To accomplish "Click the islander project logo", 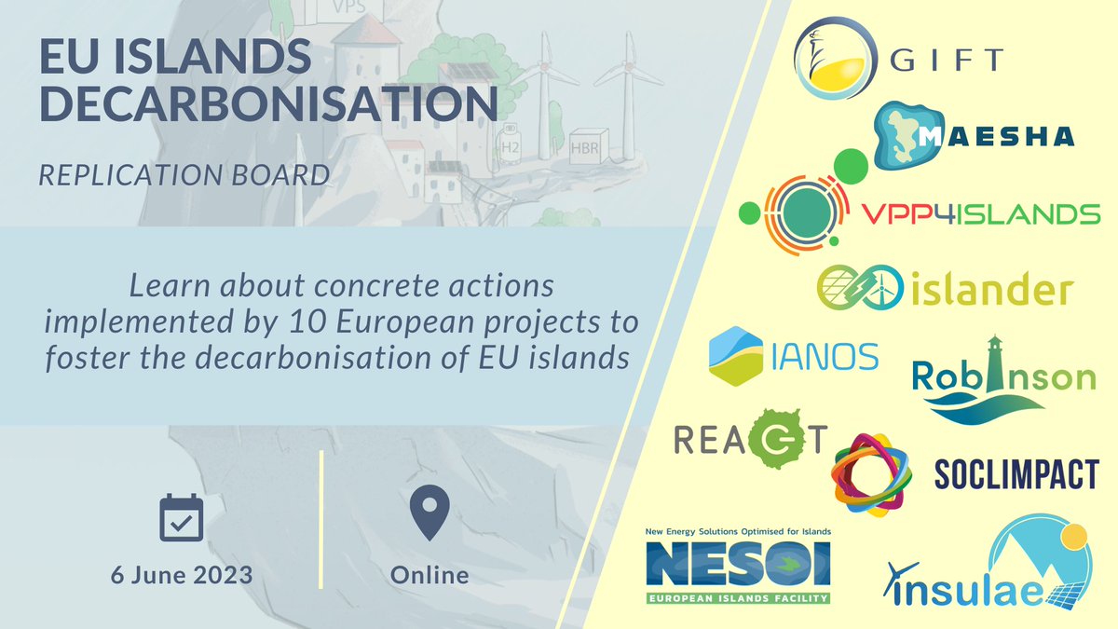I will click(x=946, y=288).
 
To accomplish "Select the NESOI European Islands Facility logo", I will click(x=737, y=566).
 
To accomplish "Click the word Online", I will click(x=429, y=575).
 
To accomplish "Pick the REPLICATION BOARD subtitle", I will click(x=184, y=174).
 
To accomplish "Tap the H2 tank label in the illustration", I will click(x=511, y=146).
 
